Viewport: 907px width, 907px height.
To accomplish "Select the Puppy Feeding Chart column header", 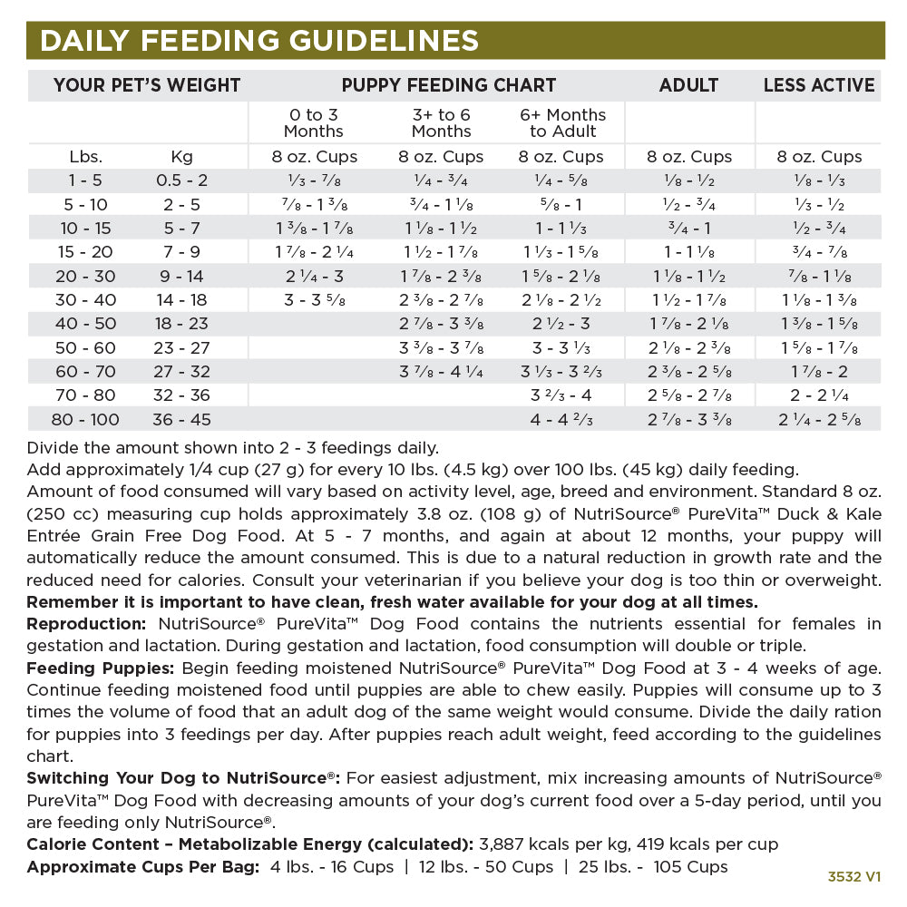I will pyautogui.click(x=448, y=85).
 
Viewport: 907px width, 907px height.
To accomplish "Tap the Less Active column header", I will pyautogui.click(x=819, y=85).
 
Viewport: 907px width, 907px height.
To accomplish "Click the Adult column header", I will pyautogui.click(x=689, y=85).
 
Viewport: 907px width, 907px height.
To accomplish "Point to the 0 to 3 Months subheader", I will pyautogui.click(x=315, y=122).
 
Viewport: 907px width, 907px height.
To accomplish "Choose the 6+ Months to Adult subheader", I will pyautogui.click(x=562, y=122).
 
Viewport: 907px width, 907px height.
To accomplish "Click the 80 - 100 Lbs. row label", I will pyautogui.click(x=85, y=419).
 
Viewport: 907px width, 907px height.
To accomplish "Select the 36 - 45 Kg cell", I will pyautogui.click(x=181, y=419).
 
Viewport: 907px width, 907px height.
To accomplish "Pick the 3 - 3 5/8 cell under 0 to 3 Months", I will pyautogui.click(x=315, y=299).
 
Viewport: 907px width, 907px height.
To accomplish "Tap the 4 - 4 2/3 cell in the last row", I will pyautogui.click(x=562, y=419).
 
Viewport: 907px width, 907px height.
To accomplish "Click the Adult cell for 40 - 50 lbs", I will pyautogui.click(x=689, y=324).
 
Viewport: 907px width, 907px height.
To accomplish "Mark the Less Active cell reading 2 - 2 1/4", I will pyautogui.click(x=819, y=395).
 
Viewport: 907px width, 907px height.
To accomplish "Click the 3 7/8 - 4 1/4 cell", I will pyautogui.click(x=441, y=371).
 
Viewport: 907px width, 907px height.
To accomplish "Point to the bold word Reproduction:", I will pyautogui.click(x=86, y=624).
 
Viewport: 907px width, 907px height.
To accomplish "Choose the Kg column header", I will pyautogui.click(x=181, y=156).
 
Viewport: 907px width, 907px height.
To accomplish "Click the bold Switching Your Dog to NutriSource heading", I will pyautogui.click(x=182, y=778).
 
